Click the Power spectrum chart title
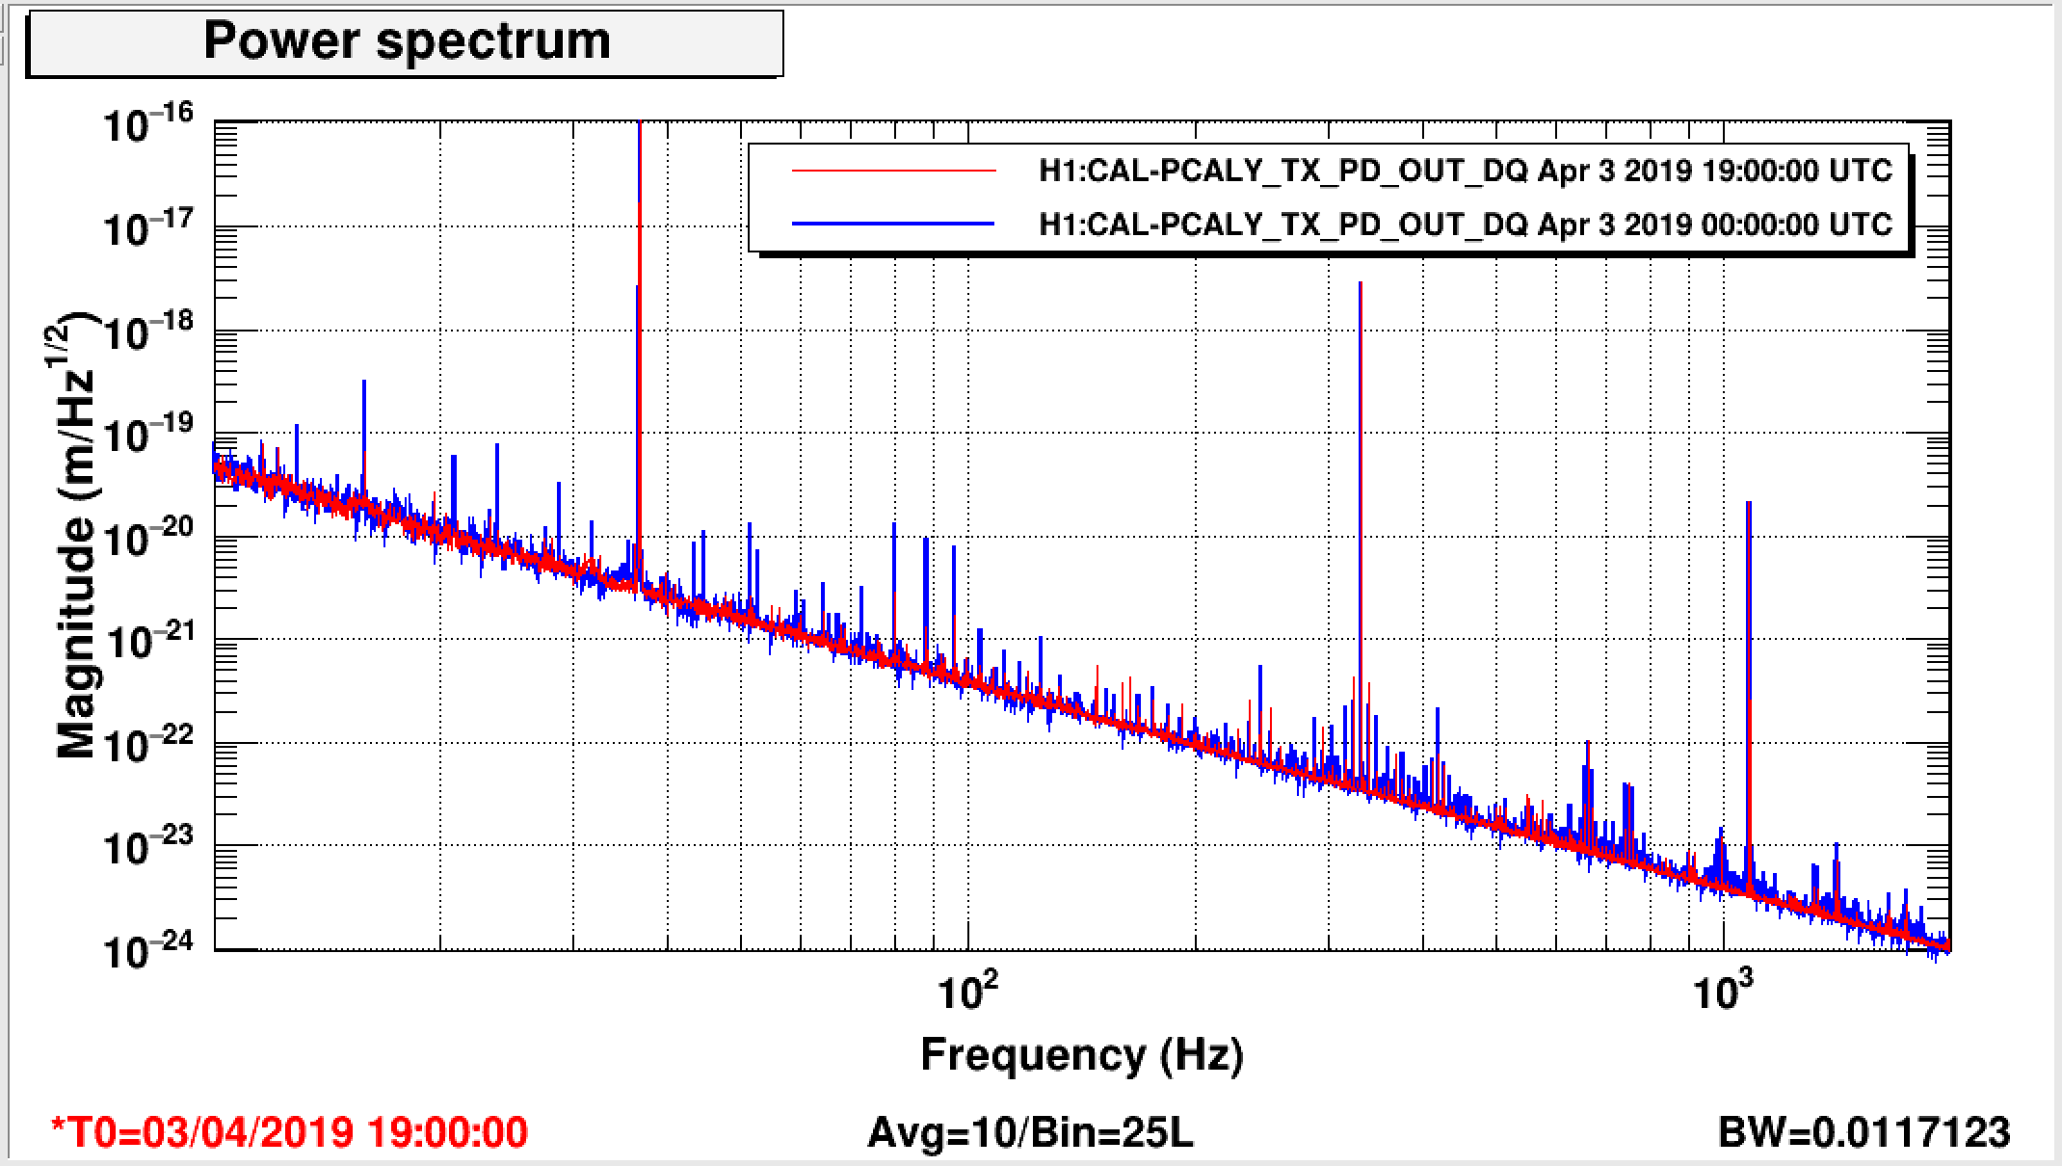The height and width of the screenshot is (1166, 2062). coord(407,41)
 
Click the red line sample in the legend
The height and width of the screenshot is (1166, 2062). coord(892,172)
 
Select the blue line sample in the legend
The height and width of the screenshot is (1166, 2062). coord(892,224)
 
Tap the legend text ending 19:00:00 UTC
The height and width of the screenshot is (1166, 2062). coord(1465,172)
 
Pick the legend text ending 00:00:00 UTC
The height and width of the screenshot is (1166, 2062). coord(1465,224)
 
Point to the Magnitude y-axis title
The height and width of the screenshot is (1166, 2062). coord(77,535)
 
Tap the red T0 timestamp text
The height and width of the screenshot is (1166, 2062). coord(289,1131)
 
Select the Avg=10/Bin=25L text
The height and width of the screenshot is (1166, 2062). coord(1030,1131)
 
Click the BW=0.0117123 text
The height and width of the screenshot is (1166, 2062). coord(1864,1131)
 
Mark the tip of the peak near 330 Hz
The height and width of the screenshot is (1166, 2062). coord(1360,283)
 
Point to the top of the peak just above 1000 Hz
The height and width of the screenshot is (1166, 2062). coord(1748,503)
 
